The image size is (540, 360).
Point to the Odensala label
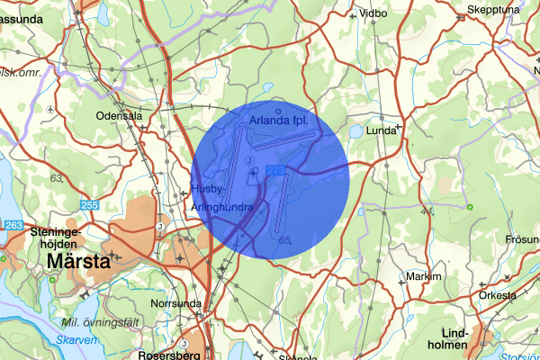(120, 116)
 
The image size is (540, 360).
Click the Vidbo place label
(372, 14)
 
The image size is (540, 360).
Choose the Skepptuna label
(494, 11)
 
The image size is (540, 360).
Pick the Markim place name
(424, 276)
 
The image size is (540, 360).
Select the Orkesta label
(497, 295)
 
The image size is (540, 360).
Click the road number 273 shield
(275, 169)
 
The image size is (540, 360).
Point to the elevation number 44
(427, 211)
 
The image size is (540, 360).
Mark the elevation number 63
(58, 179)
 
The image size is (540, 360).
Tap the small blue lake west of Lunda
(356, 131)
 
